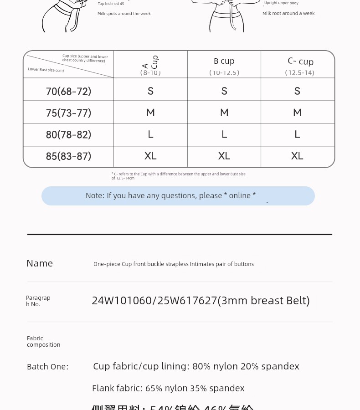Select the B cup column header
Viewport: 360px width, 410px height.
(224, 61)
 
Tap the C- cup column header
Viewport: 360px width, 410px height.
(300, 61)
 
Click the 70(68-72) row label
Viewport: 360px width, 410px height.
(68, 91)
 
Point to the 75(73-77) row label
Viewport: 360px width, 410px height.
(68, 113)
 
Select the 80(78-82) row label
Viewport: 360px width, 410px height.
(68, 134)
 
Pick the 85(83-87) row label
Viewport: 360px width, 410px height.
(68, 156)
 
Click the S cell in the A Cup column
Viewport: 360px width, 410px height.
(150, 91)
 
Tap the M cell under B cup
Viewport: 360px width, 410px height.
(224, 113)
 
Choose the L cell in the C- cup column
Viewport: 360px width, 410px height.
(297, 134)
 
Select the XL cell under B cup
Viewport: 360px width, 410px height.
(224, 156)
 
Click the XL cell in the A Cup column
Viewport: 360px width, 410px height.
(150, 156)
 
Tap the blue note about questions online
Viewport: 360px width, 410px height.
(178, 196)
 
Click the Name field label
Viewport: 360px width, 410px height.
(40, 263)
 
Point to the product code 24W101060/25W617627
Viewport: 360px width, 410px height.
(201, 301)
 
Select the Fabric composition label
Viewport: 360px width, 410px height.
(43, 341)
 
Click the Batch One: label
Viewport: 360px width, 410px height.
(47, 367)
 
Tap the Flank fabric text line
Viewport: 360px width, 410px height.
(168, 388)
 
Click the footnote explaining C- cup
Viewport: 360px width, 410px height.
(178, 176)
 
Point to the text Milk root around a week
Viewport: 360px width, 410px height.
(288, 14)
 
